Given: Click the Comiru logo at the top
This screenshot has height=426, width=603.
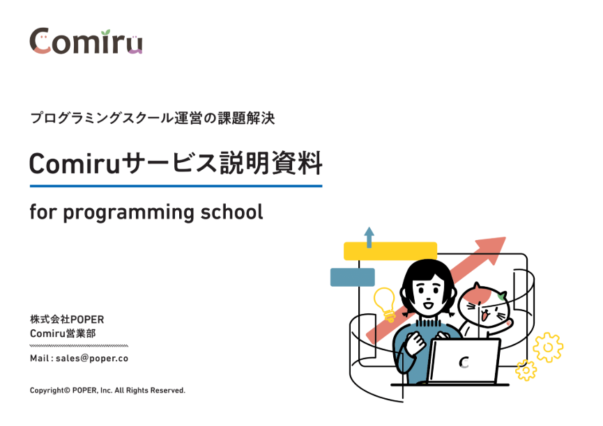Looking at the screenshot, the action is point(86,40).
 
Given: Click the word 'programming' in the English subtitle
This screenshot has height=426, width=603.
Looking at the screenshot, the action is point(128,213).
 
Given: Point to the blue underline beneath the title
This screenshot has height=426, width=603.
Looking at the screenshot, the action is point(176,186).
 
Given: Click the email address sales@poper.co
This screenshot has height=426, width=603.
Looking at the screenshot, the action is point(92,358).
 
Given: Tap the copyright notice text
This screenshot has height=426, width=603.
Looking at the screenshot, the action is point(107,390).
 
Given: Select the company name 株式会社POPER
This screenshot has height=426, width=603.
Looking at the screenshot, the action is point(67,319).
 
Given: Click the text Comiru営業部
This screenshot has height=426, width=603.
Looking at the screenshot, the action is point(63,333).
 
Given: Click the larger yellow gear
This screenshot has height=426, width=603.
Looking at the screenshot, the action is point(548,347).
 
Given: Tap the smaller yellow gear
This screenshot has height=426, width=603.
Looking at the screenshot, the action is point(526,370).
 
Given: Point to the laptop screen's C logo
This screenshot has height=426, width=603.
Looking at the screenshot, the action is point(464,362).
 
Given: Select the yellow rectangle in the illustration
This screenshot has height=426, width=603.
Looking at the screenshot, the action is point(390,251).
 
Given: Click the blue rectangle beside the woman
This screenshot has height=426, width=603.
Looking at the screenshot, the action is point(353,277).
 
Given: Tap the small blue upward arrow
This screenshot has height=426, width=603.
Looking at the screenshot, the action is point(369,237).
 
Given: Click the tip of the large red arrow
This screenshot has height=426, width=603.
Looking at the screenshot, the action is point(505,237).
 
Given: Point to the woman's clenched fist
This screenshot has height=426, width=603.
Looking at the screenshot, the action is point(415,341).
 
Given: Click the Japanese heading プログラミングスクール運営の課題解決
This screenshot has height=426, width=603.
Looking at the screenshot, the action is point(152,118).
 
